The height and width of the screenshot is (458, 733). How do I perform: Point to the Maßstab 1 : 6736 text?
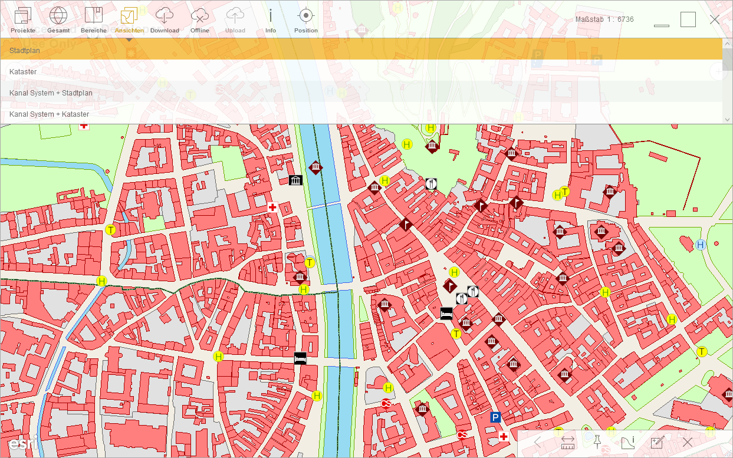click(x=604, y=19)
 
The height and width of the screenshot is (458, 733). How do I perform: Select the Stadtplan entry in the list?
click(x=25, y=51)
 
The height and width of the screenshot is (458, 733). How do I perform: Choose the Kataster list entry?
click(x=23, y=72)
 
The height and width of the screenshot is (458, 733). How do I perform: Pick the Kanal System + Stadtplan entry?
click(x=51, y=93)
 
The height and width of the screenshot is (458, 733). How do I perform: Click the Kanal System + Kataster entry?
click(x=50, y=114)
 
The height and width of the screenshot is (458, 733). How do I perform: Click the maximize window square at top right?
click(x=688, y=19)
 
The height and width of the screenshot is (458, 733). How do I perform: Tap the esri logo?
click(x=23, y=443)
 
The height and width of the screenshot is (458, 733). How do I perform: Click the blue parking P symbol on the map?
click(x=495, y=417)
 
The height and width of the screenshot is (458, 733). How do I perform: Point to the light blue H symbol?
click(x=701, y=245)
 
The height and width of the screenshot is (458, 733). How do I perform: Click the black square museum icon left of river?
click(x=295, y=180)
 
